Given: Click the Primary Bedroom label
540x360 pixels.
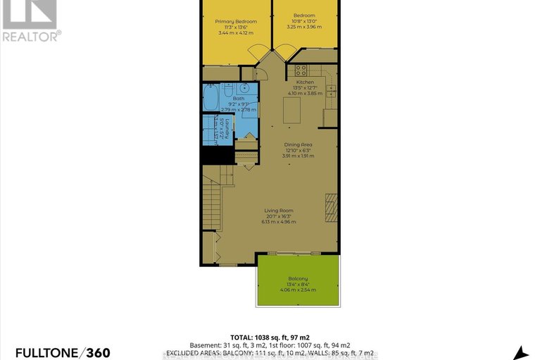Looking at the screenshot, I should tap(236, 22).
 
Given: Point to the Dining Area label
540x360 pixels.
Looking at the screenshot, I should tap(298, 144).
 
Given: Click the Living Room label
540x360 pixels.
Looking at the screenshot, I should tap(280, 210).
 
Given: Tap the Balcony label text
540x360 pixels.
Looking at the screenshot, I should tap(299, 278).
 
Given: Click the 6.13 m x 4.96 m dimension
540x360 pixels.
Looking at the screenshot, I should tap(280, 221).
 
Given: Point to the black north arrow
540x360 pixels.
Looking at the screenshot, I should tap(522, 352).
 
